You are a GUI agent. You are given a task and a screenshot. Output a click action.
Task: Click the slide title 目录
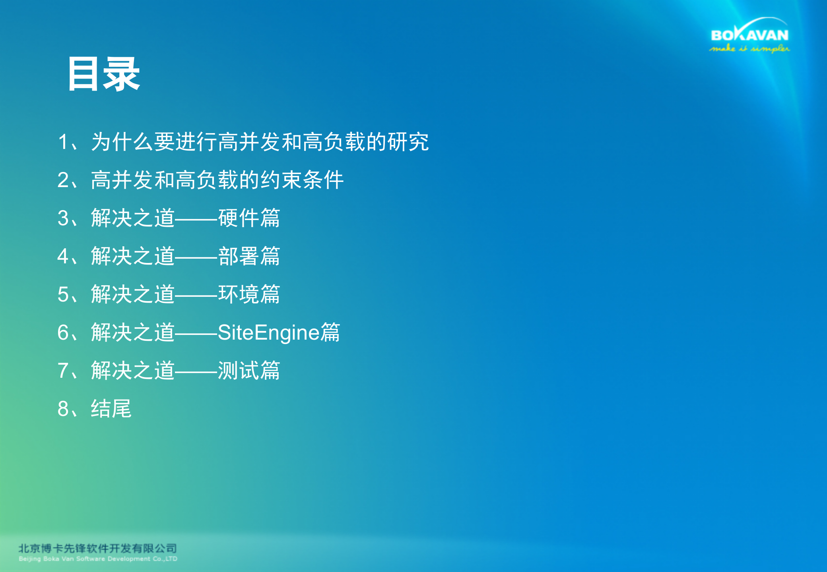104,74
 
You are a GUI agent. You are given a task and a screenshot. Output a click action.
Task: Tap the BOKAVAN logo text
749,35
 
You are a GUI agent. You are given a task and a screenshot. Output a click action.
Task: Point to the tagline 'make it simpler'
749,49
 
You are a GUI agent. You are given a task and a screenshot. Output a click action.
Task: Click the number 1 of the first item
63,142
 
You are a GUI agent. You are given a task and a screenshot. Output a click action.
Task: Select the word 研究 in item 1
408,142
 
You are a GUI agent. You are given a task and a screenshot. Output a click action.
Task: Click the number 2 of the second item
63,180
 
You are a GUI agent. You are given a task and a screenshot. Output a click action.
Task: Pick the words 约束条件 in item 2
302,180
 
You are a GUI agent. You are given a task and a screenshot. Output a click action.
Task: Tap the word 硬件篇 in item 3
249,218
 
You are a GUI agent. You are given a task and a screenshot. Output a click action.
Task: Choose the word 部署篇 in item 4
249,256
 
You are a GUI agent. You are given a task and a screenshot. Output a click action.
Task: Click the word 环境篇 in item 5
249,294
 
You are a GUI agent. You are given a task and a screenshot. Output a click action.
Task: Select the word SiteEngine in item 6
269,332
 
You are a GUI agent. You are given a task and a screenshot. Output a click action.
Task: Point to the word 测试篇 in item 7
249,371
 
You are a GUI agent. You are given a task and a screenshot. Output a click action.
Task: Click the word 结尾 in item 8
111,409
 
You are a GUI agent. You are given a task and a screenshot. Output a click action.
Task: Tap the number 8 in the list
63,409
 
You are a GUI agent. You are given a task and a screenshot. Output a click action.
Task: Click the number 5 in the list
63,294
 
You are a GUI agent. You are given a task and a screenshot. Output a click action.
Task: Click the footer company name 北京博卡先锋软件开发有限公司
97,549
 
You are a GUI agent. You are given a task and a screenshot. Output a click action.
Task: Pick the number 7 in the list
63,371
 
